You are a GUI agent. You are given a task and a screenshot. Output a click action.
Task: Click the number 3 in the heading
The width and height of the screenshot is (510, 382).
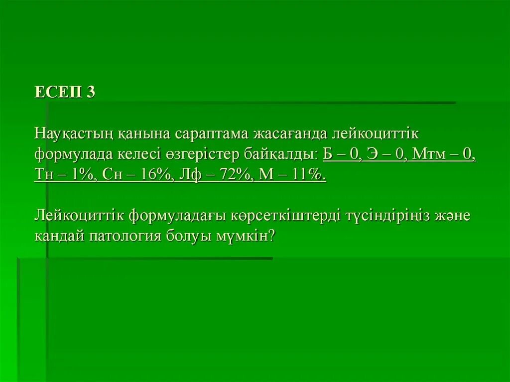coord(90,92)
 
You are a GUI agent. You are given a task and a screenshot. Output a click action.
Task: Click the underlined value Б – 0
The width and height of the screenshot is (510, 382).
coord(342,154)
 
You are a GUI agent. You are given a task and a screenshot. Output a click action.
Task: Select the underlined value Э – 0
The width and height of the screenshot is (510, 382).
coord(386,154)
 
